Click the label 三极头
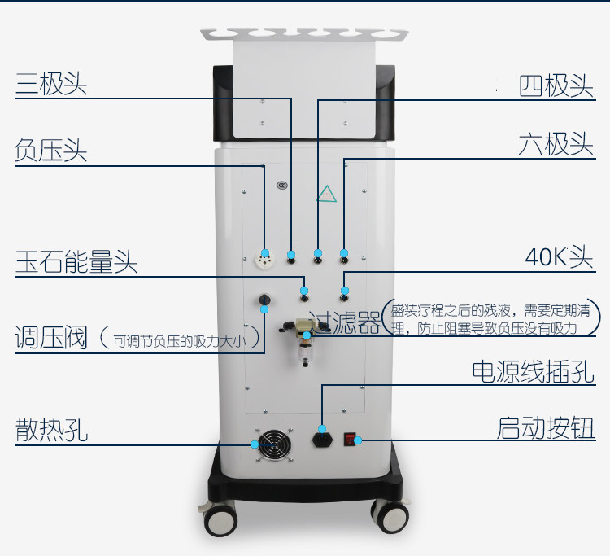coord(51,84)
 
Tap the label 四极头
coord(556,86)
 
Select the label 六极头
coord(556,144)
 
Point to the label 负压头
coord(50,151)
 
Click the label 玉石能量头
coord(76,261)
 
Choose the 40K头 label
coord(559,257)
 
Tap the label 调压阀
coord(50,337)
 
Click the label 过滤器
coord(345,322)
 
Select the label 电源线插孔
coord(533,372)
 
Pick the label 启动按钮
coord(546,428)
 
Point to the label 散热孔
coord(51,430)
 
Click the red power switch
coord(350,440)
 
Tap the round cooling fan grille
coord(274,445)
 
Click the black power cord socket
coord(323,440)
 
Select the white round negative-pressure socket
coord(264,260)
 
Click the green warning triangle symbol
coord(327,194)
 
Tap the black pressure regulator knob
coord(265,300)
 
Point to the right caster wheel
coord(390,516)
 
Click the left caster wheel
coord(220,519)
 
